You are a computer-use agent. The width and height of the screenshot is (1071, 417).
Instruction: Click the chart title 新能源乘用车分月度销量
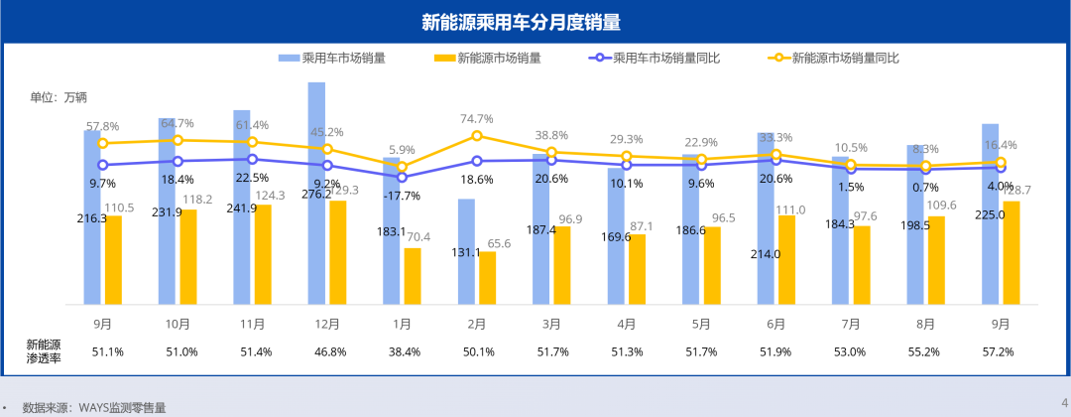(535, 22)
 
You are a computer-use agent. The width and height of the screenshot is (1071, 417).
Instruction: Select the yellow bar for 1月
(413, 276)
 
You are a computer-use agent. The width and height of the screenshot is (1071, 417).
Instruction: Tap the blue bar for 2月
(466, 251)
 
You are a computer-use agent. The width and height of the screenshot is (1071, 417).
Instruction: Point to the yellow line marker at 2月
(477, 136)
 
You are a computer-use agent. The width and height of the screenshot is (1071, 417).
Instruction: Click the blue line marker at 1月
(402, 177)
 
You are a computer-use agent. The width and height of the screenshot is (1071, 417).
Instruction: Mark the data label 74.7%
(477, 119)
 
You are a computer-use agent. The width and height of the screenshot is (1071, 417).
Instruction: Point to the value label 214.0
(766, 254)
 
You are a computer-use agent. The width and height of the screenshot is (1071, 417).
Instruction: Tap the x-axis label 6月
(775, 324)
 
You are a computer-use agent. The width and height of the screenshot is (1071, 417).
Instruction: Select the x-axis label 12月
(326, 324)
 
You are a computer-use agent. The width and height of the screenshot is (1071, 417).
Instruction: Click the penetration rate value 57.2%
(1001, 350)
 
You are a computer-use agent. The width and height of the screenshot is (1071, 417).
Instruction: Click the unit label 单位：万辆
(59, 97)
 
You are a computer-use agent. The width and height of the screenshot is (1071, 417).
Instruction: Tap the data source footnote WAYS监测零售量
(94, 407)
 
